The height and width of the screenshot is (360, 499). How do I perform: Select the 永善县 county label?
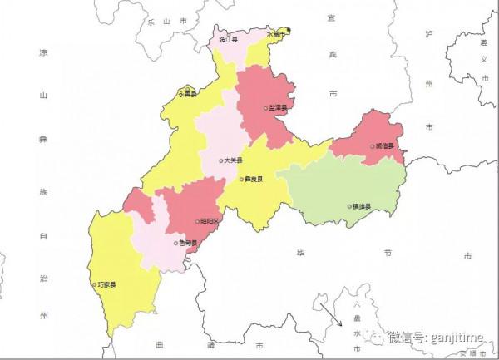coord(188,95)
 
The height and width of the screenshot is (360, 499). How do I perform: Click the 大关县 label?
coord(234,160)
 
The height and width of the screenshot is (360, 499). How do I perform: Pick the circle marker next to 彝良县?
coord(241,179)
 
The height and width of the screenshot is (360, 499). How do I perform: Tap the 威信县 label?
coord(385,146)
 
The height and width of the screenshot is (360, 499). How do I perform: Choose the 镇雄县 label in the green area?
coord(361,206)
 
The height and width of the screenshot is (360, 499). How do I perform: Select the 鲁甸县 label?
coord(188,244)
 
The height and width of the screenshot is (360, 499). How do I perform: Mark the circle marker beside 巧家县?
coord(94,284)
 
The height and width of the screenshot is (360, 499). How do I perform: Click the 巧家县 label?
coord(107,284)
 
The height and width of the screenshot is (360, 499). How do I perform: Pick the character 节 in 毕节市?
coord(388,253)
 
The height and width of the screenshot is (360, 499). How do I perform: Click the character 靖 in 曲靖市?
coord(210,343)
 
